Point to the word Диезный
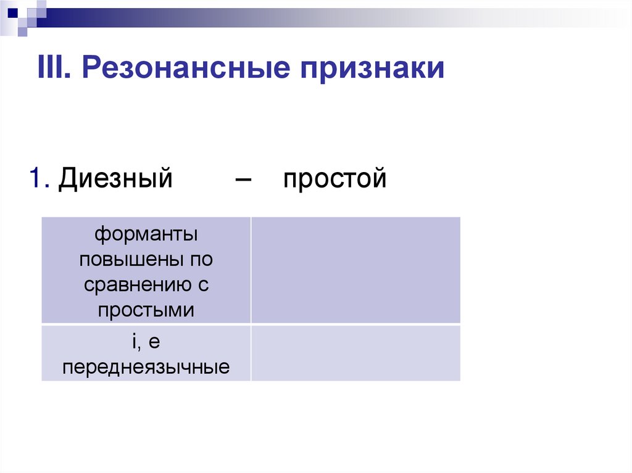115,179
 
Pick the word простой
335,179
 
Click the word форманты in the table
146,235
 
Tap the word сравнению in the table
139,285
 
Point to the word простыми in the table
146,310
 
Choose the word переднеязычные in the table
146,368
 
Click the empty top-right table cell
355,269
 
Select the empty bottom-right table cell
355,353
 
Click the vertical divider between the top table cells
251,269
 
